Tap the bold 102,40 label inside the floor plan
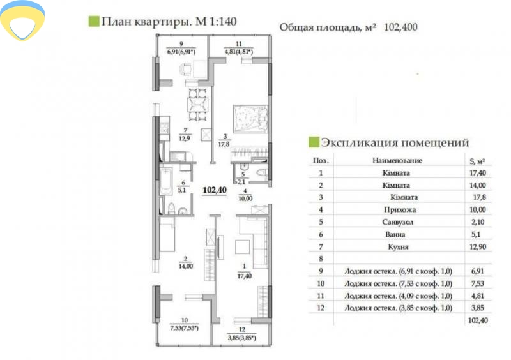click(215, 190)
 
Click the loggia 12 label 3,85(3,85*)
click(241, 334)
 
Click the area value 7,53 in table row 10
click(477, 283)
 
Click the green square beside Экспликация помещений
click(313, 142)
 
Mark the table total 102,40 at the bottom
click(477, 320)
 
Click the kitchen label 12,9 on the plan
click(184, 135)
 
